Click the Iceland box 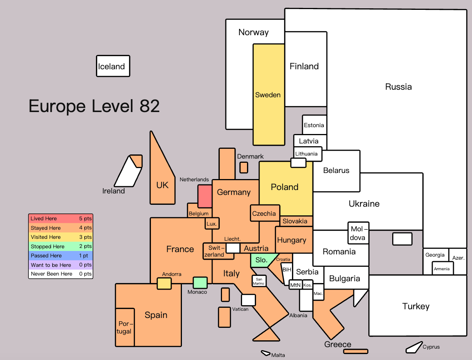pyautogui.click(x=113, y=66)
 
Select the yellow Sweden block pyautogui.click(x=269, y=95)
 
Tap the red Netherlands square pyautogui.click(x=205, y=196)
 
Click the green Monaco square pyautogui.click(x=200, y=282)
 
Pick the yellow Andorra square pyautogui.click(x=164, y=284)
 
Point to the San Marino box pyautogui.click(x=259, y=281)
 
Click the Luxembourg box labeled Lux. pyautogui.click(x=212, y=224)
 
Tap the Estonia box pyautogui.click(x=314, y=125)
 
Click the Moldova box pyautogui.click(x=359, y=233)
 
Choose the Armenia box pyautogui.click(x=442, y=268)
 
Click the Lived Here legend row pyautogui.click(x=61, y=218)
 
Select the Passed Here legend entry pyautogui.click(x=61, y=256)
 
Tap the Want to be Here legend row pyautogui.click(x=61, y=265)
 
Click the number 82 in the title pyautogui.click(x=149, y=106)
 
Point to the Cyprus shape pyautogui.click(x=414, y=347)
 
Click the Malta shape pyautogui.click(x=265, y=353)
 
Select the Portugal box pyautogui.click(x=125, y=327)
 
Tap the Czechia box pyautogui.click(x=265, y=213)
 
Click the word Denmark pyautogui.click(x=250, y=156)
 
